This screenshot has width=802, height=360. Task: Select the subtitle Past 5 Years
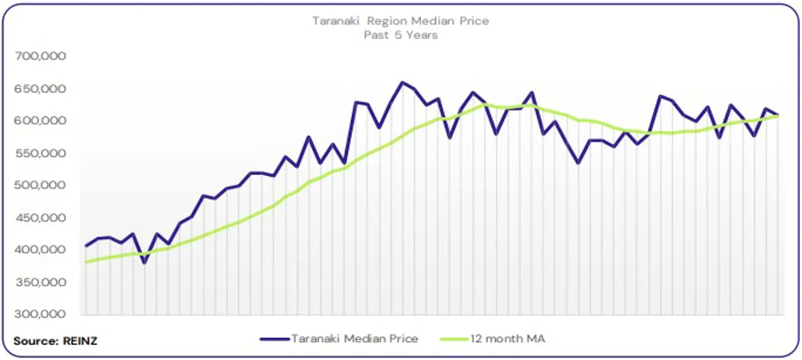401,35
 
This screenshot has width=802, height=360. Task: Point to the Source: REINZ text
55,341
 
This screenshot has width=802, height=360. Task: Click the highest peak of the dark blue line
402,82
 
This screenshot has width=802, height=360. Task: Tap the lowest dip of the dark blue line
144,263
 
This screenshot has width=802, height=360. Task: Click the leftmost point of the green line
86,262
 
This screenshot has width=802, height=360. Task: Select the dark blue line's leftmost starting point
86,245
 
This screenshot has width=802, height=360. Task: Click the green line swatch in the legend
454,339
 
